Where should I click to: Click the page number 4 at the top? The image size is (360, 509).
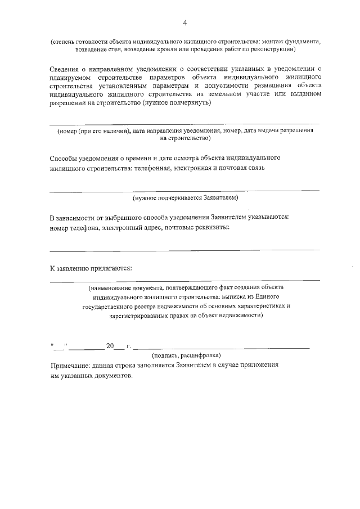click(185, 23)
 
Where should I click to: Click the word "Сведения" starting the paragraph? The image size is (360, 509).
click(65, 69)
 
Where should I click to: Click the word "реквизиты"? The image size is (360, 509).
click(211, 227)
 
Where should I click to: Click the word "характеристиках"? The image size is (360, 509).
click(258, 306)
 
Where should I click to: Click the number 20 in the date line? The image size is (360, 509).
click(110, 345)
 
